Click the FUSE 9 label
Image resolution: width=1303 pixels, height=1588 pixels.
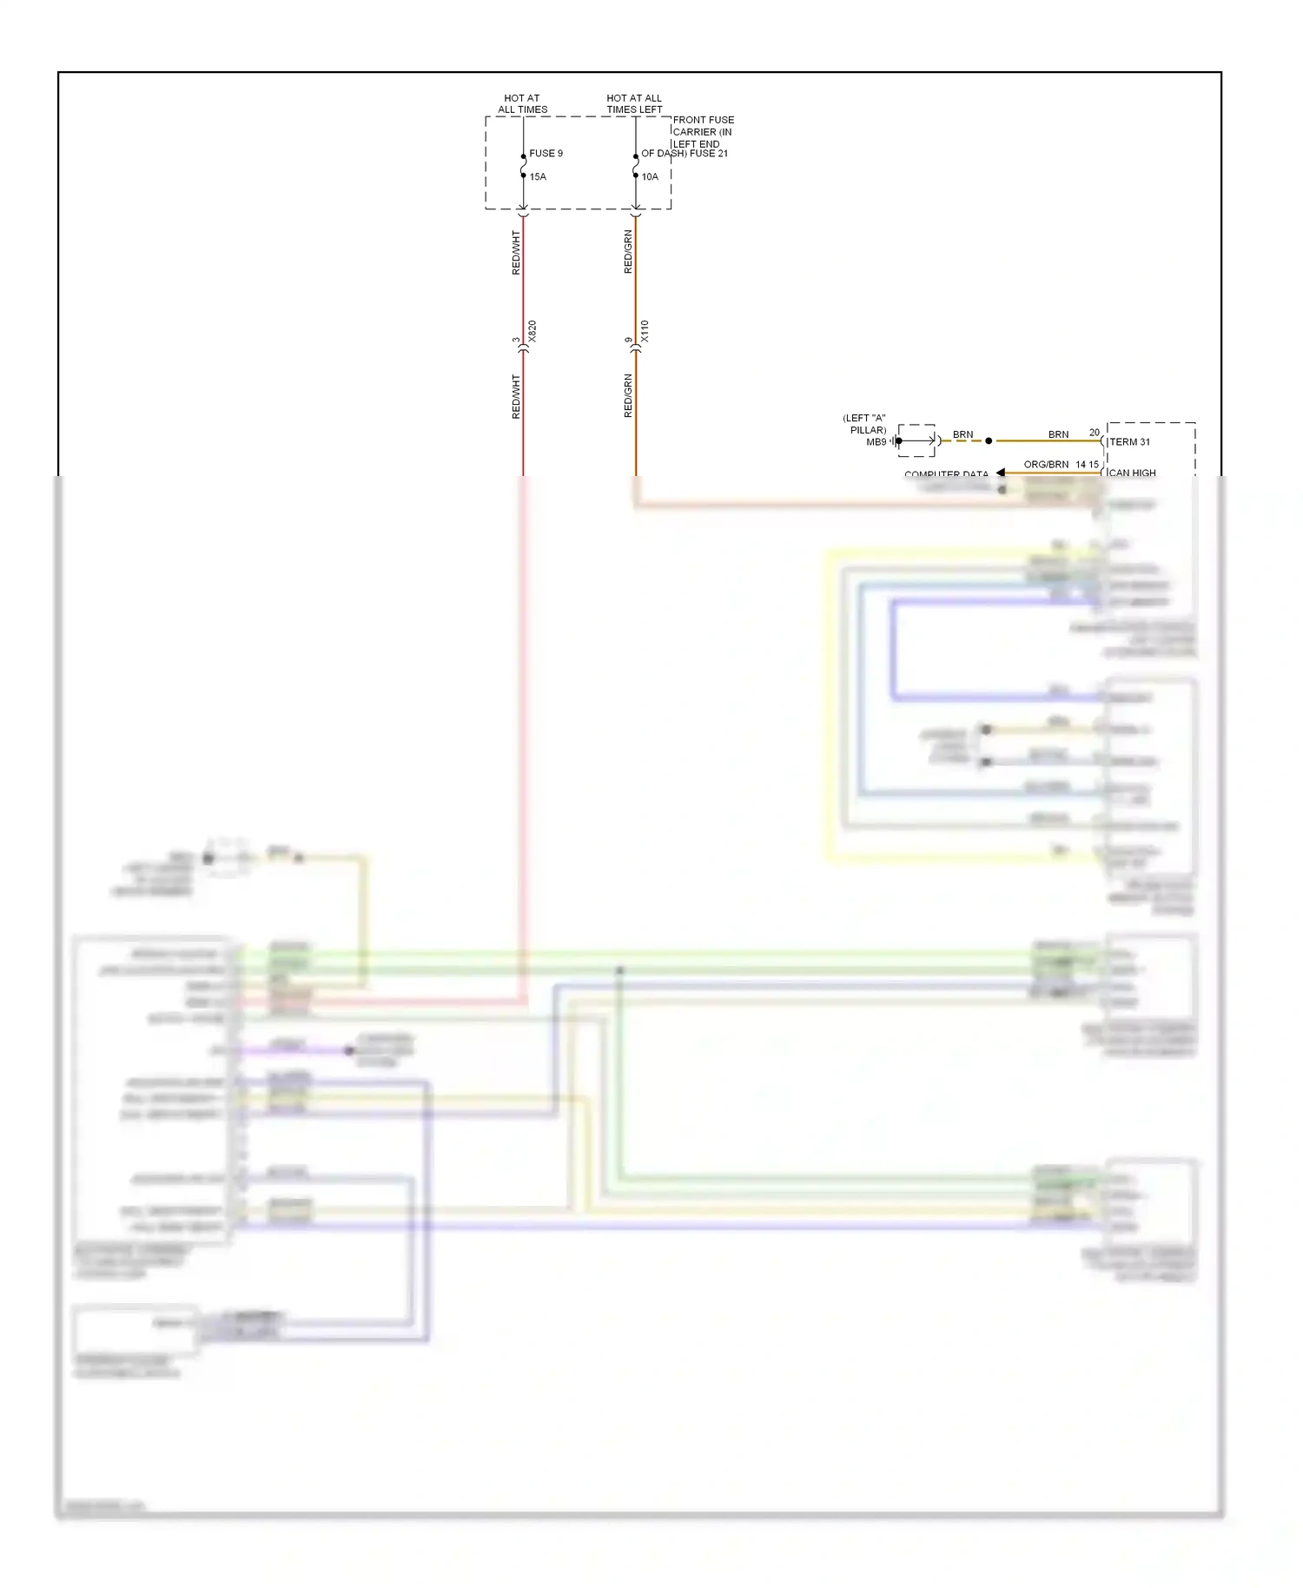(x=546, y=153)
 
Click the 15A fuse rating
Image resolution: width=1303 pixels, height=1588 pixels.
(x=538, y=176)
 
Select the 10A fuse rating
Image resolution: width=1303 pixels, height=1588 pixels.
(x=650, y=176)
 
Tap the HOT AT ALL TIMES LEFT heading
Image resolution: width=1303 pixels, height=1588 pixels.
(x=634, y=103)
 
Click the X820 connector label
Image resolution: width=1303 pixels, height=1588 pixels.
(x=532, y=331)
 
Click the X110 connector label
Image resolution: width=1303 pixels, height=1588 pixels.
(x=645, y=331)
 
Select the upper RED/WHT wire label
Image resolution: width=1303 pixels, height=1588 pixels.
(x=516, y=253)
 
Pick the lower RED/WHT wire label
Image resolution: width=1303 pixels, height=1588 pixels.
(x=516, y=397)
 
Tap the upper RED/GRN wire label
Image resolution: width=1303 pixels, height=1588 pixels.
(x=628, y=253)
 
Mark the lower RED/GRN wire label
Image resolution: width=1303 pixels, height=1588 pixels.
(x=628, y=396)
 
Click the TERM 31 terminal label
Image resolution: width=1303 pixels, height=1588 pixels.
(x=1129, y=441)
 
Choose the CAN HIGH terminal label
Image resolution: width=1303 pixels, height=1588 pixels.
(x=1132, y=473)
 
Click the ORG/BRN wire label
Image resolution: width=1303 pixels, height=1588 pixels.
(x=1046, y=464)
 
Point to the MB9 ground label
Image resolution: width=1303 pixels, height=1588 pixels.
(x=876, y=442)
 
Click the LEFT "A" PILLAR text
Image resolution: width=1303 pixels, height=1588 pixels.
(x=865, y=424)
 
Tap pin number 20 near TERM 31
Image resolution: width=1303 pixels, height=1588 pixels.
(x=1095, y=432)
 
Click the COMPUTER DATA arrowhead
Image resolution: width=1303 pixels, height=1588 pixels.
(x=1001, y=473)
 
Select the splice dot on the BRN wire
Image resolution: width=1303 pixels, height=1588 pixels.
(x=989, y=440)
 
